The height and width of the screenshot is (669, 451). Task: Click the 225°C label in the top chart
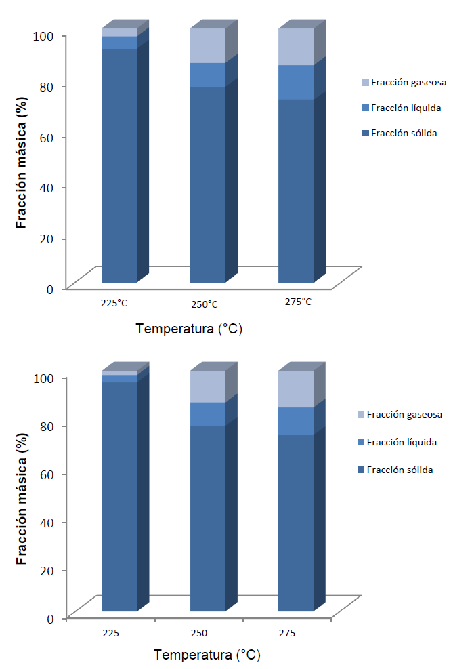(113, 303)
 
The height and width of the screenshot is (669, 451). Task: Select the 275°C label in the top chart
(298, 302)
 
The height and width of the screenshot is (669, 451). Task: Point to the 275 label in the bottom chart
(288, 634)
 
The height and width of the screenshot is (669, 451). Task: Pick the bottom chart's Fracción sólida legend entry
(399, 470)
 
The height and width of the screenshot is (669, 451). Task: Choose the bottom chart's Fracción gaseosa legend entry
(400, 414)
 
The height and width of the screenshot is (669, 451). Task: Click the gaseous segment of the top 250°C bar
(207, 45)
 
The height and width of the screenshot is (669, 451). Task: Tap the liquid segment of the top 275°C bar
(296, 82)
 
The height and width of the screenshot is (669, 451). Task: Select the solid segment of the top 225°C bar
(119, 163)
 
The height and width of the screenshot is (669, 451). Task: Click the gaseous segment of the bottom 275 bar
(296, 388)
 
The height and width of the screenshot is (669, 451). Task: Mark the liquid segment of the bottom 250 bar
(207, 413)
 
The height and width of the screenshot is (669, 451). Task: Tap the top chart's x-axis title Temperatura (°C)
(189, 329)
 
